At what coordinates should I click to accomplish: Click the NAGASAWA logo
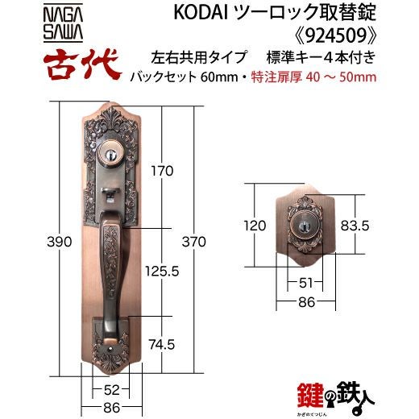(x=63, y=23)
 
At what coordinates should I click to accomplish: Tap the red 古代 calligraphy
(x=81, y=64)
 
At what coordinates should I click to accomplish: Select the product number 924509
(x=336, y=35)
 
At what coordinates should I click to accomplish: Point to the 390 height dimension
(x=60, y=242)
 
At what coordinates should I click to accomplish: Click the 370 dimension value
(x=194, y=242)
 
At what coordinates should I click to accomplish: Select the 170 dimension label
(x=162, y=171)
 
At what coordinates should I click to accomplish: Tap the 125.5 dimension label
(x=162, y=272)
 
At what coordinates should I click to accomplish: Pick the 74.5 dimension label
(x=162, y=345)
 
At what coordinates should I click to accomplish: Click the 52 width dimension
(x=111, y=390)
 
